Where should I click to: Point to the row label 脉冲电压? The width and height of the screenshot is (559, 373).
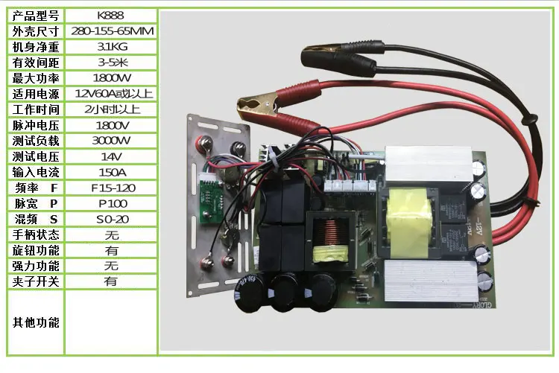pyautogui.click(x=36, y=125)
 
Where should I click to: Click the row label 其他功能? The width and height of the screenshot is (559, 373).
pyautogui.click(x=36, y=322)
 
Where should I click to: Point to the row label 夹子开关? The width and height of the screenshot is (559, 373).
pyautogui.click(x=36, y=281)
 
